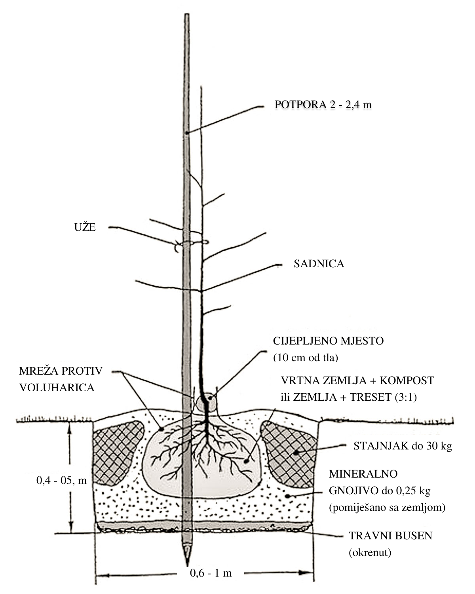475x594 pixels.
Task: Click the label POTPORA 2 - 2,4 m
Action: (x=323, y=105)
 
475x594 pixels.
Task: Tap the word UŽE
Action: (x=85, y=227)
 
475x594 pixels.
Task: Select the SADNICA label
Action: (x=319, y=264)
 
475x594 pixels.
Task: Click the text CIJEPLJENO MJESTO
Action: (x=328, y=341)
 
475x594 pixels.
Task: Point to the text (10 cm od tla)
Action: (x=306, y=358)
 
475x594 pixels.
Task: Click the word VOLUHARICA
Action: (x=57, y=388)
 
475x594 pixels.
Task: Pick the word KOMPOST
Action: (x=407, y=381)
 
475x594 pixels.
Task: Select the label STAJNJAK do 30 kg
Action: (x=403, y=446)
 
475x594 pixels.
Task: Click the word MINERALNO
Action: (x=363, y=474)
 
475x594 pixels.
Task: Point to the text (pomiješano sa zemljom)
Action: (x=387, y=507)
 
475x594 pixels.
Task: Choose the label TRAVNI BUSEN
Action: (x=391, y=535)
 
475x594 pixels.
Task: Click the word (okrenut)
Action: (x=370, y=552)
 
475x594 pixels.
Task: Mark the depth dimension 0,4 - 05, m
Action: (x=61, y=481)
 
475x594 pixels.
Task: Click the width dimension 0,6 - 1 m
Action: (x=211, y=573)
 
